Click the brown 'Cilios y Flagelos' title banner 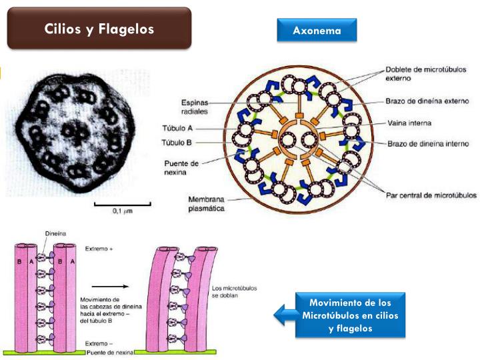point(99,28)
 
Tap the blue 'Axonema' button point(317,30)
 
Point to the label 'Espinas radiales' point(195,107)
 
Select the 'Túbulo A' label point(177,128)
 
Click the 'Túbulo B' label point(177,143)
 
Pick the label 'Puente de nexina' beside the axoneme point(181,168)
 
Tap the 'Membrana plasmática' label point(206,204)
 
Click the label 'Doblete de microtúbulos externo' point(425,74)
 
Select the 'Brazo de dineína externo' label point(427,101)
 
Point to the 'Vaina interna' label point(409,123)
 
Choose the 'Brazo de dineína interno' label point(428,143)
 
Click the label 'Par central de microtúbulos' point(431,195)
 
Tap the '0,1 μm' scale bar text point(123,211)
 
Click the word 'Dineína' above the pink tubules point(55,233)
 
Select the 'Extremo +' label point(99,249)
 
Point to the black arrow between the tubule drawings point(110,287)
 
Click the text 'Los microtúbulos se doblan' point(234,292)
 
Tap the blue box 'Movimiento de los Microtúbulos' point(350,315)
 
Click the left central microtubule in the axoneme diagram point(288,141)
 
